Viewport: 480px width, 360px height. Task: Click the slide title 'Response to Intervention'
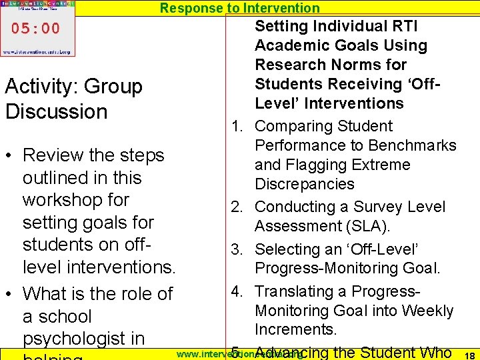pyautogui.click(x=240, y=8)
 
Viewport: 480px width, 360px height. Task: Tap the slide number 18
pyautogui.click(x=468, y=355)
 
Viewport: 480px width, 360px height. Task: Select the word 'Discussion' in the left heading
pyautogui.click(x=57, y=111)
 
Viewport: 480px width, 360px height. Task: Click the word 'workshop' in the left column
pyautogui.click(x=75, y=200)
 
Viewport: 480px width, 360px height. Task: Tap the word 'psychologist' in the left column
pyautogui.click(x=84, y=339)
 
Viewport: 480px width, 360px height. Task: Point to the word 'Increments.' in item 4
pyautogui.click(x=296, y=330)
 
